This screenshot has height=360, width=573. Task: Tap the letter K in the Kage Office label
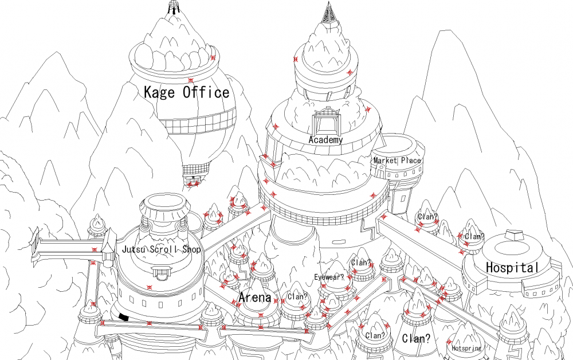point(149,92)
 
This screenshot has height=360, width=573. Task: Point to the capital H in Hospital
point(490,268)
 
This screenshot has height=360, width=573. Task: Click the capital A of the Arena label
point(244,297)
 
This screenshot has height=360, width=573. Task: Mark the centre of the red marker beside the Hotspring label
point(449,342)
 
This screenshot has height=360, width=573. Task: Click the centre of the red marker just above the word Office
point(190,80)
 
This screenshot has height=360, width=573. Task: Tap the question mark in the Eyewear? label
point(342,277)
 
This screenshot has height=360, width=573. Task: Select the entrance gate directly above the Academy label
point(327,120)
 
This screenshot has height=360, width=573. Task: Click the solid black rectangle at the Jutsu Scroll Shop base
point(124,317)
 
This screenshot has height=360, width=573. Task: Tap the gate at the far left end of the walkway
point(36,246)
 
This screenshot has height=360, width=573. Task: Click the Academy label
point(325,140)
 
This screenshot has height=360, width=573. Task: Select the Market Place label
point(397,161)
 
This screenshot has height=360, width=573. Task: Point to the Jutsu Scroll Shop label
point(161,249)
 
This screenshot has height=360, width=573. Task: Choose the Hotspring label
point(466,348)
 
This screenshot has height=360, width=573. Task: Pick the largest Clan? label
point(416,338)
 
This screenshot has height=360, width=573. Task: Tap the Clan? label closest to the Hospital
point(474,237)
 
